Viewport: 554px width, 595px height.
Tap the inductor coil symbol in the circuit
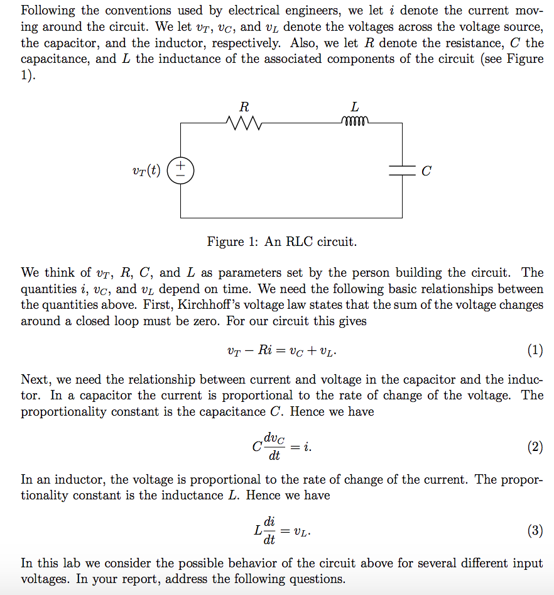pyautogui.click(x=355, y=121)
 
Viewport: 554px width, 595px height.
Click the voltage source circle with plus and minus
pyautogui.click(x=180, y=170)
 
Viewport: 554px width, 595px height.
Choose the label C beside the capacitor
pyautogui.click(x=426, y=171)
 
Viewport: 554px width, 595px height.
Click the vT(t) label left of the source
pyautogui.click(x=147, y=170)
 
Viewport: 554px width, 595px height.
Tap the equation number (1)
pyautogui.click(x=535, y=350)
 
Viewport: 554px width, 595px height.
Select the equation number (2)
pyautogui.click(x=535, y=447)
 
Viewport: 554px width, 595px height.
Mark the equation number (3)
pyautogui.click(x=535, y=531)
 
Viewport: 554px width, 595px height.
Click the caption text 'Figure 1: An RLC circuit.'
pyautogui.click(x=282, y=242)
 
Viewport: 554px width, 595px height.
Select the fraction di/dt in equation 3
pyautogui.click(x=269, y=531)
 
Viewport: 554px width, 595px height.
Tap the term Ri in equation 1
pyautogui.click(x=264, y=350)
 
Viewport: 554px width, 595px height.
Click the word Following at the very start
pyautogui.click(x=47, y=11)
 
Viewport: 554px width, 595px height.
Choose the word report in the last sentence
pyautogui.click(x=144, y=579)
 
